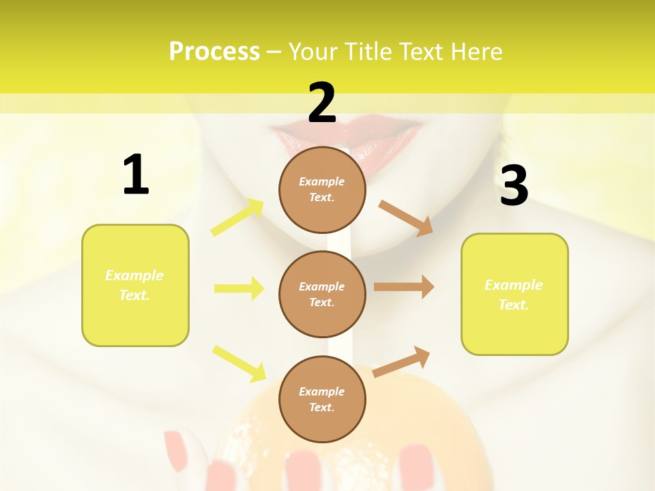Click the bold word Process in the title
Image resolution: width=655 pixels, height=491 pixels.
214,52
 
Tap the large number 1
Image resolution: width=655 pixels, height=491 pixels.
136,175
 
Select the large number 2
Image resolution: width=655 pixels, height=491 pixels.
322,103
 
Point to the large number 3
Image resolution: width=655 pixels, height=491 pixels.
514,186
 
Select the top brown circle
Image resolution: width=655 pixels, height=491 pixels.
322,190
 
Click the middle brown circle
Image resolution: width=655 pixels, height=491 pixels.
322,295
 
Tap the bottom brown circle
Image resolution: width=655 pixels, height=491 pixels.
322,399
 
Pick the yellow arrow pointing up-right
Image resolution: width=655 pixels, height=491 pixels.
237,218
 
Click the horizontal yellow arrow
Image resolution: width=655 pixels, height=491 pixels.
239,288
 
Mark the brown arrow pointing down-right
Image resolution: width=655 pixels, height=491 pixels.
406,218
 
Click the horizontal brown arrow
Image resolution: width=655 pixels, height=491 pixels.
403,287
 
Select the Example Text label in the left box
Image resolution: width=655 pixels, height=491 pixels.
134,285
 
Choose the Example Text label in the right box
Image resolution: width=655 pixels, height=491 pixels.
514,295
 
